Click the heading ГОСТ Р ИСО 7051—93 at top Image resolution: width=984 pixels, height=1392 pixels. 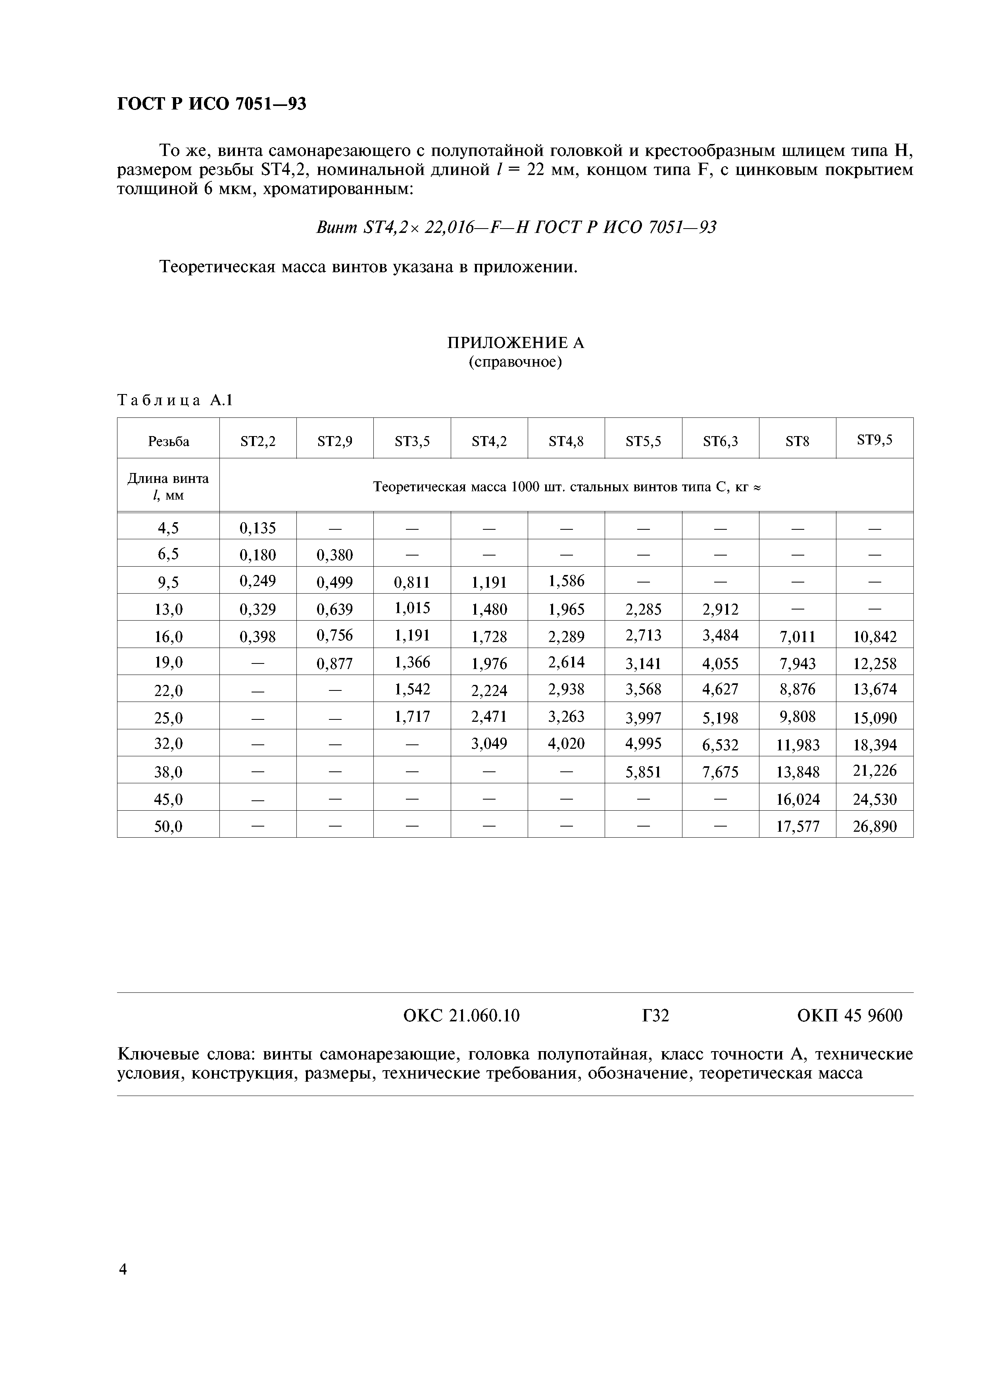point(211,104)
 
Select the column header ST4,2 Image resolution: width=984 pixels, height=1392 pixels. point(489,441)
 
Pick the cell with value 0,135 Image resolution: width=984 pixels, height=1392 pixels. point(258,528)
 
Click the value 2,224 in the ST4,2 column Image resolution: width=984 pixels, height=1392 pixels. point(489,690)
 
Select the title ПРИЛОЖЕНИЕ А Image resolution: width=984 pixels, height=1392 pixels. point(515,343)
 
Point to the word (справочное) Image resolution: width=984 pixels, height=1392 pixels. point(515,363)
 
